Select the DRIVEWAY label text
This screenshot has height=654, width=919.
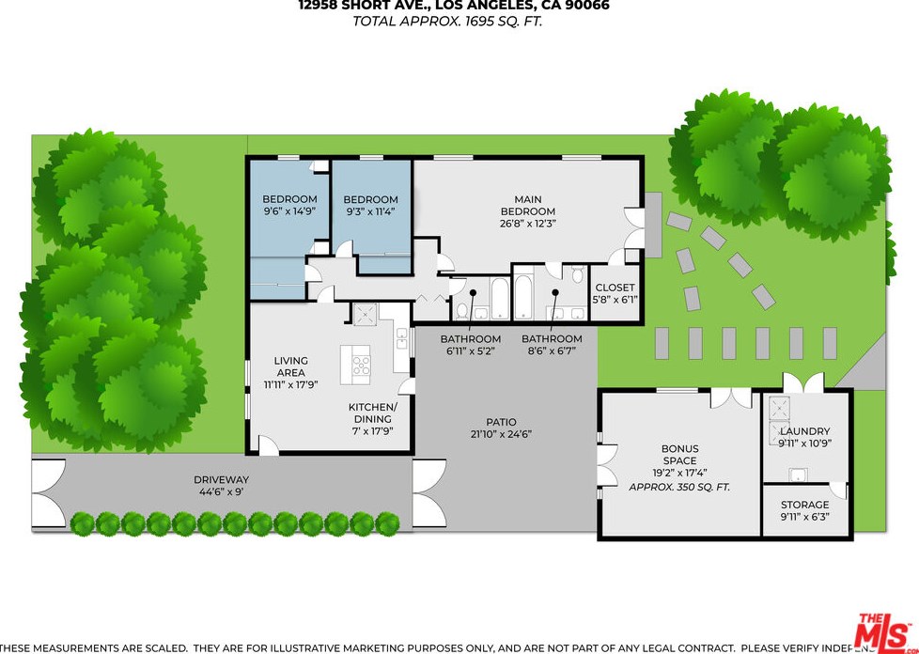pos(221,479)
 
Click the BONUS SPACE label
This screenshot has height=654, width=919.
pos(679,455)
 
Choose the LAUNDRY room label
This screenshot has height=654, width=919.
pos(804,431)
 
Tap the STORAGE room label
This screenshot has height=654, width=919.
pos(804,505)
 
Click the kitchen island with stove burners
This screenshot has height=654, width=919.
pos(361,361)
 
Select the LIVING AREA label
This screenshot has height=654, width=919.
pos(290,366)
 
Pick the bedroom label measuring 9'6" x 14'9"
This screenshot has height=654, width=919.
pos(289,206)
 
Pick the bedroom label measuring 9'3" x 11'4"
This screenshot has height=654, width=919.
pos(370,206)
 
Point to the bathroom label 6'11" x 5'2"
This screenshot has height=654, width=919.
pos(471,345)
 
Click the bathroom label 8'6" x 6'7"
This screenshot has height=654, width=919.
pos(552,345)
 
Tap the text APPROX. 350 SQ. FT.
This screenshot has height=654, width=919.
pos(679,488)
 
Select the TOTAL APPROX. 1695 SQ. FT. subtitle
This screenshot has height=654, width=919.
pos(447,22)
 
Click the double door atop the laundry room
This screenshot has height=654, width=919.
pos(804,382)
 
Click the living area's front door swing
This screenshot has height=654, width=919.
pos(268,445)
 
